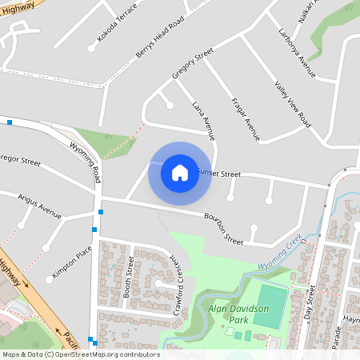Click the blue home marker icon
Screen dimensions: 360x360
pos(180,172)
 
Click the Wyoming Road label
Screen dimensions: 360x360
pos(86,159)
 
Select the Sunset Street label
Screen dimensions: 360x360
pos(220,174)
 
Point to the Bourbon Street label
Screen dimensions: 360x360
pos(223,227)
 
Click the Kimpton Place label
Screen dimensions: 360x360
pos(72,262)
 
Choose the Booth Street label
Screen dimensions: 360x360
pos(127,278)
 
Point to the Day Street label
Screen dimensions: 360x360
pos(311,303)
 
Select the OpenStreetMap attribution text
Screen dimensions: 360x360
pos(80,354)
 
